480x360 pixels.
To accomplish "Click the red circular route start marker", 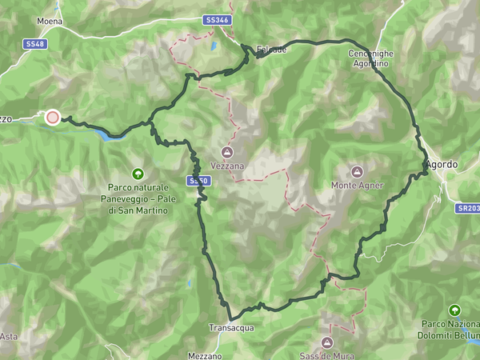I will click(x=53, y=118).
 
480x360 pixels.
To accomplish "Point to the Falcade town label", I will click(x=270, y=49).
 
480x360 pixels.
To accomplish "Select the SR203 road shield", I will click(x=467, y=207).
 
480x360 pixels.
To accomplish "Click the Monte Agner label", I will click(x=358, y=185).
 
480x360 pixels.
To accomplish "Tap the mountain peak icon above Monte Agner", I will click(x=357, y=171).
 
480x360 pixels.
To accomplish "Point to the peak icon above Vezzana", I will click(x=227, y=152).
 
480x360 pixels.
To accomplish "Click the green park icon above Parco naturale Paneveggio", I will click(x=139, y=173).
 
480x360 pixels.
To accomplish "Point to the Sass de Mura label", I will click(x=326, y=342).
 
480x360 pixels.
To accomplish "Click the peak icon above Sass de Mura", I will click(x=326, y=329).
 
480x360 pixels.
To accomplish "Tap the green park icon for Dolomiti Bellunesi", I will click(x=455, y=310).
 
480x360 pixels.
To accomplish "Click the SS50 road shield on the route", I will click(x=198, y=182).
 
